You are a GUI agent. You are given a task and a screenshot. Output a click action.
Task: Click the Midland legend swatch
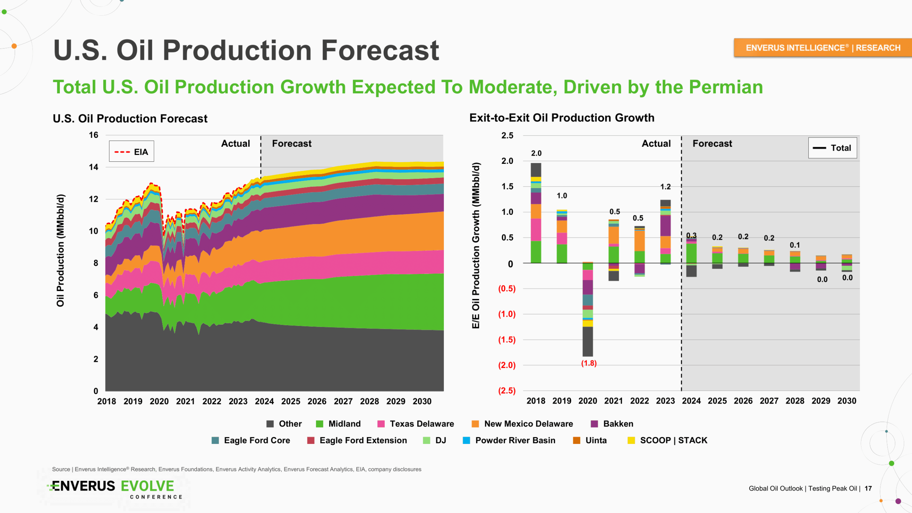[320, 424]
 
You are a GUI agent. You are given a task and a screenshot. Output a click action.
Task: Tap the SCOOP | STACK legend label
[673, 440]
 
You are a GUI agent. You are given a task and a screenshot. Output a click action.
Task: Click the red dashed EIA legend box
[131, 152]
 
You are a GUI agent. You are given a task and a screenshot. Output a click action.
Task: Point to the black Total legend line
[819, 148]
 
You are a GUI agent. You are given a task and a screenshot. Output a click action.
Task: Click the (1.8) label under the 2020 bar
[589, 363]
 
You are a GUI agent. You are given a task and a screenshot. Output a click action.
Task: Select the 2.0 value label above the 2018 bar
[536, 153]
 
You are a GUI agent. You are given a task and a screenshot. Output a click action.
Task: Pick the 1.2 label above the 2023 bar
[665, 187]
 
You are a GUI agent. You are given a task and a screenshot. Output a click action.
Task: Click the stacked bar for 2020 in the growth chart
[588, 310]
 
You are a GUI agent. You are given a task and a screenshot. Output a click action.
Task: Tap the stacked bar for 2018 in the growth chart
[536, 214]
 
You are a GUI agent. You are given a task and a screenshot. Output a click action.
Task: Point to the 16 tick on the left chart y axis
[93, 135]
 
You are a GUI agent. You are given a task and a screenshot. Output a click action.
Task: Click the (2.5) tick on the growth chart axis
[507, 391]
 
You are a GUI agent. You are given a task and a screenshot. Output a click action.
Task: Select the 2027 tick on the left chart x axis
[343, 401]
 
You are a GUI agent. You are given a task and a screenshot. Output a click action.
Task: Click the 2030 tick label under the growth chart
[847, 401]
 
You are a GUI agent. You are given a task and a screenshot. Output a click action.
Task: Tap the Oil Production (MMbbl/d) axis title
[61, 250]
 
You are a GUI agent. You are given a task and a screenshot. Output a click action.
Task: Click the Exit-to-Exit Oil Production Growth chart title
[562, 118]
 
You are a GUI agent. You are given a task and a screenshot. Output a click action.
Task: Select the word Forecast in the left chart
[292, 144]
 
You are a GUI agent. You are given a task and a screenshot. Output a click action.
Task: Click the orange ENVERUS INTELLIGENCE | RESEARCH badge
[823, 48]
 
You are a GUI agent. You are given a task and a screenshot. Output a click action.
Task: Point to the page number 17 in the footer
[868, 488]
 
